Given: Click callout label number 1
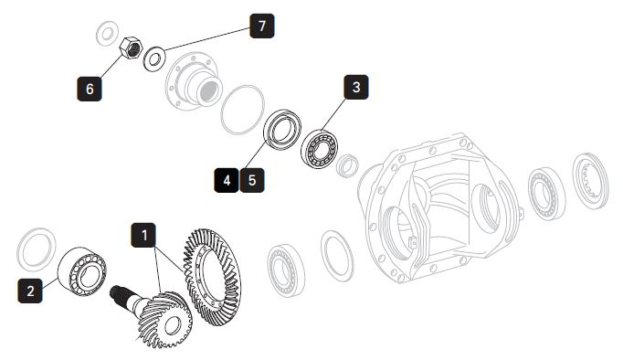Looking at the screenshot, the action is click(x=143, y=235).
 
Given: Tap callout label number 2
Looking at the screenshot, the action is click(x=30, y=291).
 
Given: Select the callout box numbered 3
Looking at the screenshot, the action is click(x=356, y=87).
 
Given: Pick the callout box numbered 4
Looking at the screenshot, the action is click(x=227, y=180).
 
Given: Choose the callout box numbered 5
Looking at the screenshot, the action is click(x=252, y=180).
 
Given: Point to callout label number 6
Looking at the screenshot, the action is click(x=89, y=89).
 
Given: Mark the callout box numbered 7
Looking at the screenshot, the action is click(x=262, y=26).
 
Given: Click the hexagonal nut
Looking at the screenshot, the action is click(x=131, y=48).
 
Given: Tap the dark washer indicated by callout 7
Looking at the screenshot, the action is click(x=154, y=59).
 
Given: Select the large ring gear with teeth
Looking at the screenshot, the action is click(x=212, y=278).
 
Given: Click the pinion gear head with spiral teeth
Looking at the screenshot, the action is click(x=165, y=320).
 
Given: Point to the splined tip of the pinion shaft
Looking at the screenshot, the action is click(x=117, y=294).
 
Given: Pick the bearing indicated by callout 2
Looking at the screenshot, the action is click(x=82, y=271).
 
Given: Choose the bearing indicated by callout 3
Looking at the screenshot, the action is click(x=319, y=149).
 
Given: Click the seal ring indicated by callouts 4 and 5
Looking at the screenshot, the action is click(x=282, y=130).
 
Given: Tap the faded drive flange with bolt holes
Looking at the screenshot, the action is click(x=193, y=81).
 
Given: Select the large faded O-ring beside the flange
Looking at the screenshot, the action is click(x=242, y=110).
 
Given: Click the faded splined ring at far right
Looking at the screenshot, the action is click(x=590, y=181).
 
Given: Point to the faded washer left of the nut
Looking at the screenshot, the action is click(x=107, y=34).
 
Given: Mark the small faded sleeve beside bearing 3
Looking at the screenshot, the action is click(x=347, y=165).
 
